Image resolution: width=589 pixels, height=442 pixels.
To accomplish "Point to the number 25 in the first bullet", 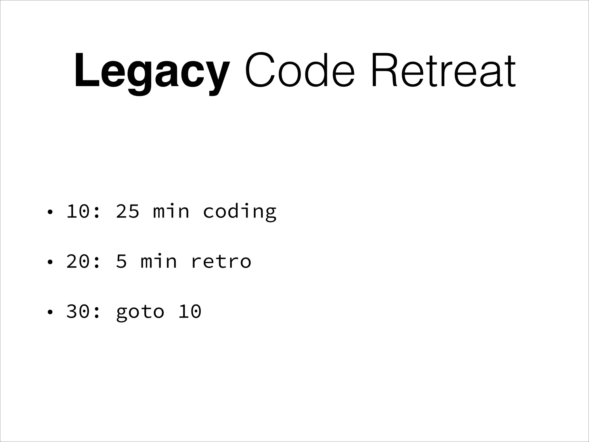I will [x=127, y=211].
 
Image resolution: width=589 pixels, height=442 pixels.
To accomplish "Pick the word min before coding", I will [x=171, y=211].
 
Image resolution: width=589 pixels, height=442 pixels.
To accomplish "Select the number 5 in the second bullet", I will [x=121, y=261].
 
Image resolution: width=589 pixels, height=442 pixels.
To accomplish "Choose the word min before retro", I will [x=158, y=261].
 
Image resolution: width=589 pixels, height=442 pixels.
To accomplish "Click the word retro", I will [x=221, y=261].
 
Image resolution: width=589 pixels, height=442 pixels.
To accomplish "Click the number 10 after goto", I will [x=190, y=311].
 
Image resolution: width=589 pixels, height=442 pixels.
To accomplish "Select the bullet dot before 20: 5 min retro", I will [x=50, y=262].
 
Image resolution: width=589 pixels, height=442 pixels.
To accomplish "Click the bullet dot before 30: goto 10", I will [x=50, y=312].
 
